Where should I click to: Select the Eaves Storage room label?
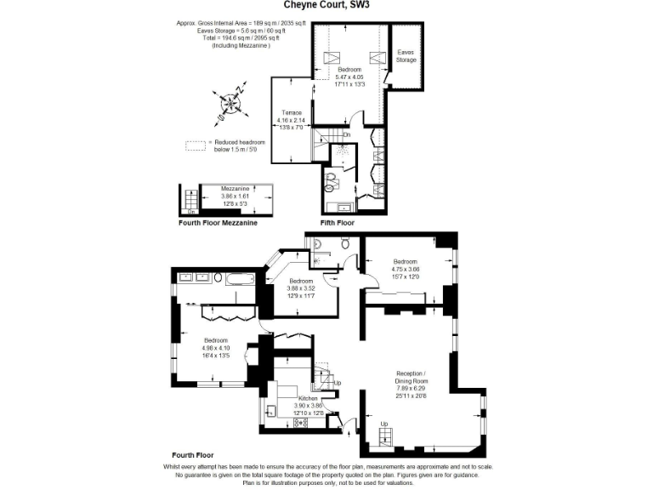[x=406, y=56]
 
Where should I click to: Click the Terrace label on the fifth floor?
[x=292, y=112]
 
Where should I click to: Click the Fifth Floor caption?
[x=337, y=223]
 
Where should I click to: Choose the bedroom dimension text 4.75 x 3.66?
[x=406, y=270]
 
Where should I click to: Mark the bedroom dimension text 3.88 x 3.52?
[x=301, y=288]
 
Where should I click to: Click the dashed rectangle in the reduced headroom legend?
[x=196, y=145]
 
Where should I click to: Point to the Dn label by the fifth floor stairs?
[x=346, y=134]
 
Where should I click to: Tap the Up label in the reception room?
[x=383, y=424]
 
